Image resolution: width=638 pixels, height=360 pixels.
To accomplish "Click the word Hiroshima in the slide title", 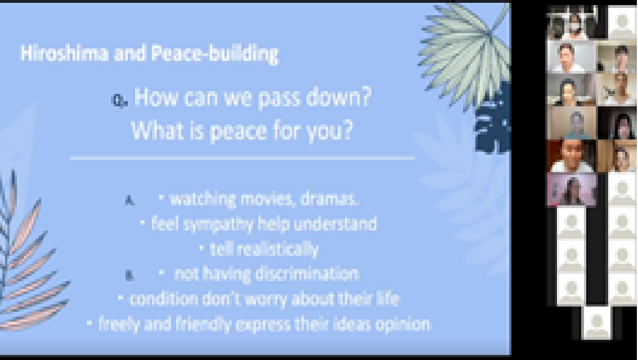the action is tap(64, 53).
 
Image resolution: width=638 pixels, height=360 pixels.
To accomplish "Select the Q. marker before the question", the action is tap(119, 101).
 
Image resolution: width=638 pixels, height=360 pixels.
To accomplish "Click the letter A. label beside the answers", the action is tap(129, 200).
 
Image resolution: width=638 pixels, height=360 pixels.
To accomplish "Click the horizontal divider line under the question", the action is tap(242, 158).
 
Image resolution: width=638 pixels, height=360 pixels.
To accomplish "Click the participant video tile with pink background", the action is tap(572, 190).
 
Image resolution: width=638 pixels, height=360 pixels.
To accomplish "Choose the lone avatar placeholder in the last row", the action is tap(597, 322).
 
